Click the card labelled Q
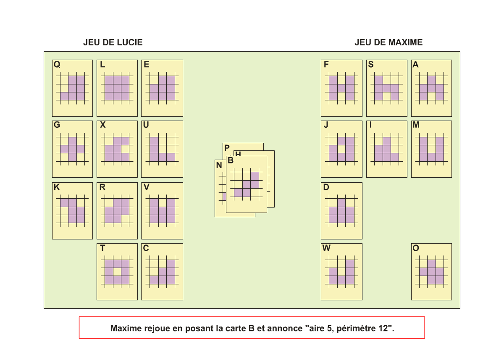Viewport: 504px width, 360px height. pyautogui.click(x=72, y=88)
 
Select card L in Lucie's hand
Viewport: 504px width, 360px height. pyautogui.click(x=117, y=88)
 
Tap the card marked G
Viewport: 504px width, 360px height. pyautogui.click(x=72, y=149)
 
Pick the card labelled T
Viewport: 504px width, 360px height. pyautogui.click(x=117, y=272)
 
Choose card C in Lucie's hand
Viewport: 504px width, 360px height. pyautogui.click(x=162, y=272)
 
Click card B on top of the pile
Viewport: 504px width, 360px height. pyautogui.click(x=246, y=185)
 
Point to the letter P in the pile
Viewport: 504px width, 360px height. pyautogui.click(x=227, y=148)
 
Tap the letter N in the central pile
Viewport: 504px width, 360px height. pyautogui.click(x=219, y=166)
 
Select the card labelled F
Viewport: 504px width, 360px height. pyautogui.click(x=341, y=88)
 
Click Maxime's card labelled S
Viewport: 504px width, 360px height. pyautogui.click(x=386, y=88)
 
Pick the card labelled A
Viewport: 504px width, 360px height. pyautogui.click(x=431, y=88)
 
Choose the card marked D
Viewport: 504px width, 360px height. pyautogui.click(x=341, y=211)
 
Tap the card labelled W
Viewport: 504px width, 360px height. pyautogui.click(x=341, y=272)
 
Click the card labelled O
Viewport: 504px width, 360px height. pyautogui.click(x=431, y=272)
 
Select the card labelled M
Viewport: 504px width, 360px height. pyautogui.click(x=431, y=149)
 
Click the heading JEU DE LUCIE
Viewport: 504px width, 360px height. pyautogui.click(x=113, y=42)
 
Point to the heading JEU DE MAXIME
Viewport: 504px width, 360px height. pyautogui.click(x=388, y=42)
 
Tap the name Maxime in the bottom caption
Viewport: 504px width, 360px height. pyautogui.click(x=126, y=328)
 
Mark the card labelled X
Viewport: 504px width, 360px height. pyautogui.click(x=117, y=149)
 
